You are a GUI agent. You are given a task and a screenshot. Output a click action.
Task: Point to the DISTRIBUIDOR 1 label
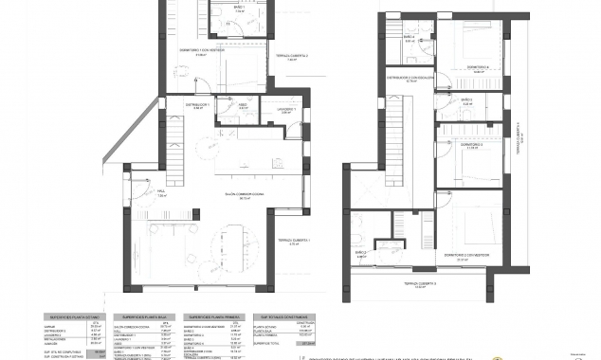pyautogui.click(x=196, y=105)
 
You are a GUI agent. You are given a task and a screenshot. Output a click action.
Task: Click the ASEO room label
pyautogui.click(x=242, y=105)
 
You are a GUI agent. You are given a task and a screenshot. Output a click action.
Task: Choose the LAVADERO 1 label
pyautogui.click(x=288, y=110)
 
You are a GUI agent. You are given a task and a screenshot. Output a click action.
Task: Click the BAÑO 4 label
pyautogui.click(x=408, y=39)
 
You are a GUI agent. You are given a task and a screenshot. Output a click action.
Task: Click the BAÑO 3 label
pyautogui.click(x=465, y=99)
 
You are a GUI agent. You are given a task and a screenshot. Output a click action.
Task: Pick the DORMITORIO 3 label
pyautogui.click(x=474, y=144)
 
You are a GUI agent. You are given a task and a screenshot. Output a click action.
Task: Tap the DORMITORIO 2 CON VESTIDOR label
pyautogui.click(x=468, y=255)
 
